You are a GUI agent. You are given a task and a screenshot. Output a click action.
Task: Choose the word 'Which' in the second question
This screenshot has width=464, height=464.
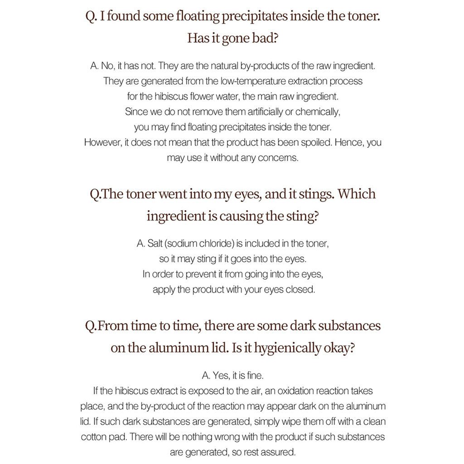357,194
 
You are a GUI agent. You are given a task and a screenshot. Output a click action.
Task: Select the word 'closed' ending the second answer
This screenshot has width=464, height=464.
300,290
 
